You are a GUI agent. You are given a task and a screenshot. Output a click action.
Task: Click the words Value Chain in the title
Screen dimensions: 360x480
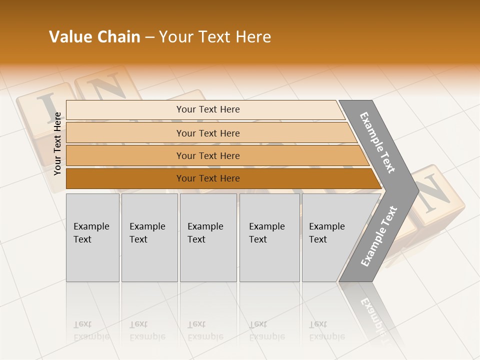(94, 37)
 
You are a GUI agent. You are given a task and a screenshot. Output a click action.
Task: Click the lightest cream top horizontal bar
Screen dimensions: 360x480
(207, 109)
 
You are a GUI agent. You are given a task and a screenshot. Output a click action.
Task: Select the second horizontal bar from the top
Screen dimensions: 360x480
(207, 133)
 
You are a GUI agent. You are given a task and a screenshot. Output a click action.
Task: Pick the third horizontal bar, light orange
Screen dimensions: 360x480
(207, 155)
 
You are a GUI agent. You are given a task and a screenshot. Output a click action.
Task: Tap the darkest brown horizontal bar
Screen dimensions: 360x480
(207, 178)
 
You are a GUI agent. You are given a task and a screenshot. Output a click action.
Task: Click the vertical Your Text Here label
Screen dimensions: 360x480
(57, 143)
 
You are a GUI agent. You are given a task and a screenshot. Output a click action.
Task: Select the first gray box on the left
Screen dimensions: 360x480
(92, 237)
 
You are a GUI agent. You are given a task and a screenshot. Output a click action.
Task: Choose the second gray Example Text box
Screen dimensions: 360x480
(149, 237)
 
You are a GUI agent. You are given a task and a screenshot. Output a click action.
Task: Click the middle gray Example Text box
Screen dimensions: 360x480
(208, 237)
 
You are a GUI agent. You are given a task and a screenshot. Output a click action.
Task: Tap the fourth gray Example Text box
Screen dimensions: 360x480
(269, 237)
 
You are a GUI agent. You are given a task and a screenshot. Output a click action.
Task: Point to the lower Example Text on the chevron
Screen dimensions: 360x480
(379, 236)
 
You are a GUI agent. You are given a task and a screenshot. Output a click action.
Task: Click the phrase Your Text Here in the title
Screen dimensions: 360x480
(215, 37)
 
